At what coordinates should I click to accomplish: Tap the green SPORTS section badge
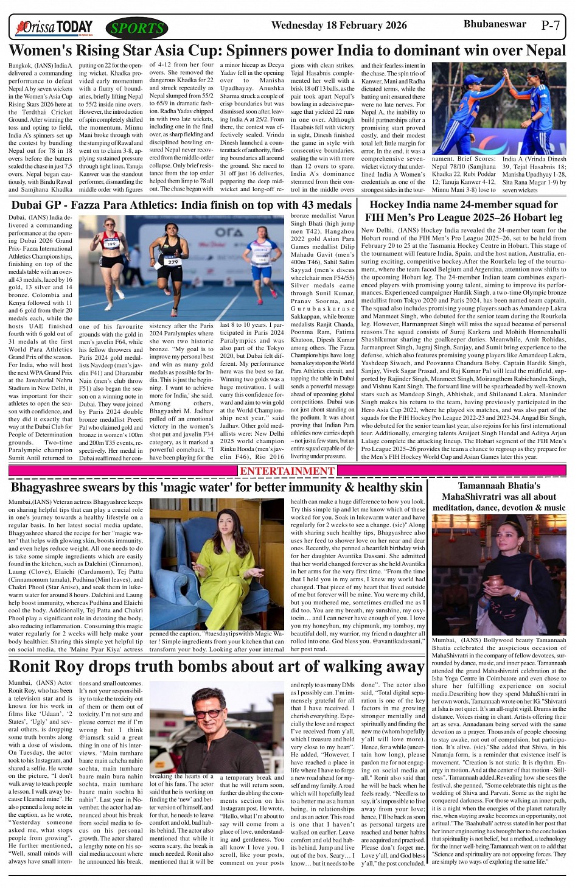tap(137, 28)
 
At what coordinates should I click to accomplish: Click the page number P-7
tap(550, 26)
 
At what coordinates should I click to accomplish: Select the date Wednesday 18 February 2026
tap(339, 26)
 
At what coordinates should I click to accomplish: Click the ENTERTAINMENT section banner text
tap(287, 471)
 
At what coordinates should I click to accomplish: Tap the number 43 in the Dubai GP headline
tap(296, 205)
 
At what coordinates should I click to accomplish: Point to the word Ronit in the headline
tap(32, 666)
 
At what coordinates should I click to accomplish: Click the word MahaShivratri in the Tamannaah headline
tap(472, 497)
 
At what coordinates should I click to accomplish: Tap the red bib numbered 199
tap(111, 243)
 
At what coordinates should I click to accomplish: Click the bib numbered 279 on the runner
tap(173, 262)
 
